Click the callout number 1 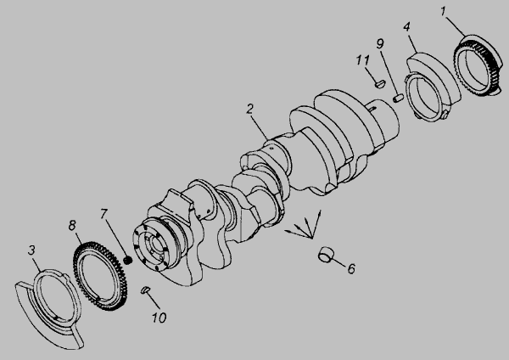pos(444,12)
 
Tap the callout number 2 pos(249,110)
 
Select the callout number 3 pos(31,250)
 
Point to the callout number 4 pos(406,26)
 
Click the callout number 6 pos(351,268)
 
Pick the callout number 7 pos(103,214)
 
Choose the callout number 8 pos(72,225)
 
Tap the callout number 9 pos(380,43)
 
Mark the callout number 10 pos(159,318)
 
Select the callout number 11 pos(362,60)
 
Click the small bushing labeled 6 pos(325,255)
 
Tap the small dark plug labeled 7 pos(128,260)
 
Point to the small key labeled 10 pos(145,290)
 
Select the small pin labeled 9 pos(398,98)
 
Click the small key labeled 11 pos(380,83)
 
